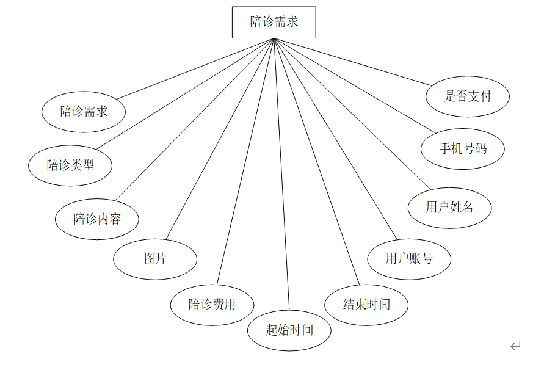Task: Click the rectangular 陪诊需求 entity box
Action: coord(274,22)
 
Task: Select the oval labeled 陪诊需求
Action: coord(84,112)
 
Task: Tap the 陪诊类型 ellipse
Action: coord(70,165)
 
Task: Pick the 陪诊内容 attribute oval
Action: coord(97,219)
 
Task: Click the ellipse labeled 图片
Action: coord(155,259)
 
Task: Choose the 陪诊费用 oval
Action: coord(212,304)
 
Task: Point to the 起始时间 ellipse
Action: coord(289,330)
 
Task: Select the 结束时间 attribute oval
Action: coord(366,304)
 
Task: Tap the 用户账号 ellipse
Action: coord(409,259)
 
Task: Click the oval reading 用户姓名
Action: coord(450,208)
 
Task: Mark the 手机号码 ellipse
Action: coord(463,148)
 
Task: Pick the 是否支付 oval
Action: coord(468,96)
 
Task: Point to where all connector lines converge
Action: coord(274,39)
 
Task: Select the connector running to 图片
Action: coord(220,139)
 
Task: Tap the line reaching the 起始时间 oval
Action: coord(281,174)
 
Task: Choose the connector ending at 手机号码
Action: coord(354,85)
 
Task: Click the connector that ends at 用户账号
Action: coord(336,139)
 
